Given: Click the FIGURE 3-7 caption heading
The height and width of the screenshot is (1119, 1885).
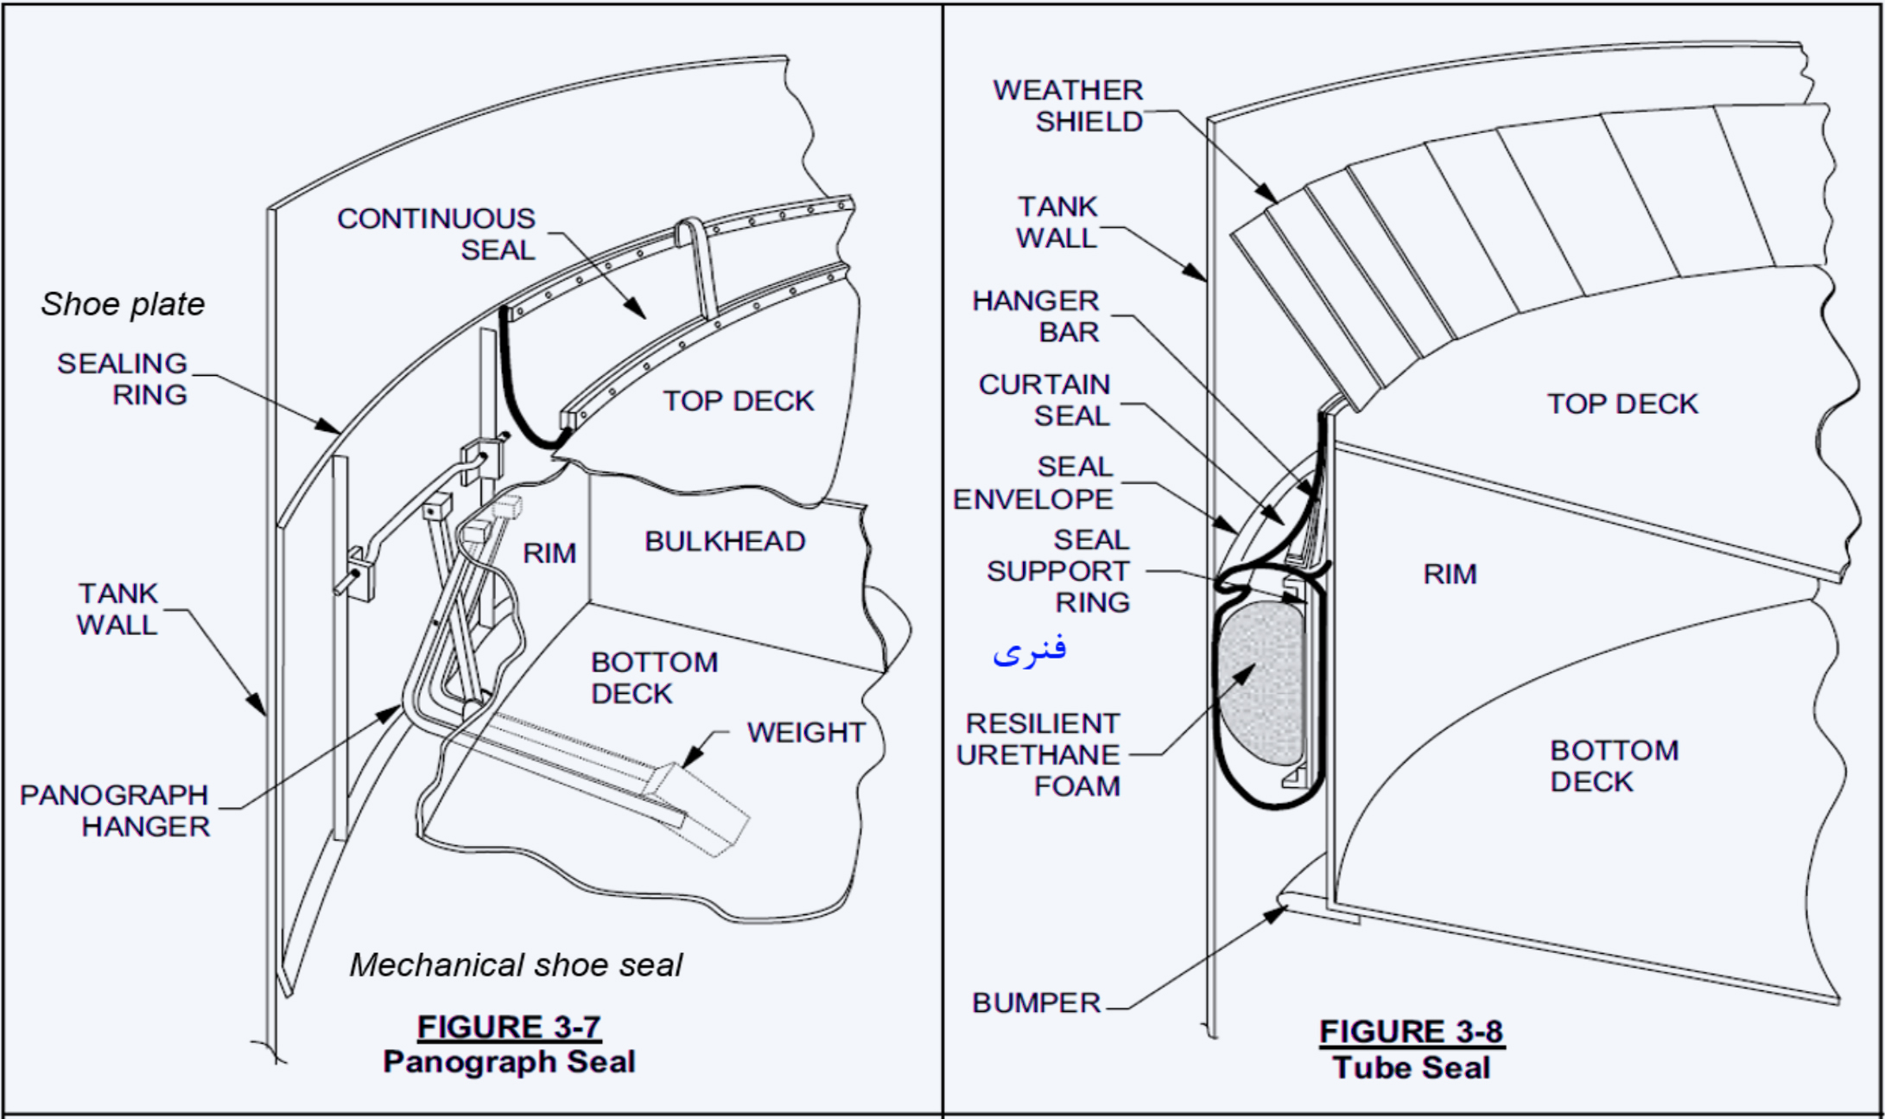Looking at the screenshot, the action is [x=509, y=1027].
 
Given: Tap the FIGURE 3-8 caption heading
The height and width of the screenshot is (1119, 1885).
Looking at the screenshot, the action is [x=1411, y=1032].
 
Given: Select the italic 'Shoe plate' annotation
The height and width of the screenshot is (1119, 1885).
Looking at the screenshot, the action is [x=123, y=304].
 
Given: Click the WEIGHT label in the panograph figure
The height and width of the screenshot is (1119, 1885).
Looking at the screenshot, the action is [x=805, y=733].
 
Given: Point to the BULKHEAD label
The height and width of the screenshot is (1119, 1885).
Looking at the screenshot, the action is [x=725, y=542].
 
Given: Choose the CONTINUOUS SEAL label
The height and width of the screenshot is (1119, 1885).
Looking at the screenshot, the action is [x=436, y=234].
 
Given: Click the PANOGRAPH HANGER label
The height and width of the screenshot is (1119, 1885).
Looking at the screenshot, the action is [x=114, y=811].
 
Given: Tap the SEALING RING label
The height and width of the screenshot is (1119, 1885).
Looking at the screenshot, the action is [x=122, y=378].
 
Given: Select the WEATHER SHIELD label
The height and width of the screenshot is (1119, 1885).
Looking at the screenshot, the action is [x=1068, y=105].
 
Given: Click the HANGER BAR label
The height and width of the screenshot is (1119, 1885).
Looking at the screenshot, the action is [x=1036, y=316].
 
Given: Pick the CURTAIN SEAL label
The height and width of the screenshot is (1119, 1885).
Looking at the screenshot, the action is [x=1044, y=400].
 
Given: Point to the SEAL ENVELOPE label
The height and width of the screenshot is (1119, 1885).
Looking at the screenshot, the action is [x=1033, y=483].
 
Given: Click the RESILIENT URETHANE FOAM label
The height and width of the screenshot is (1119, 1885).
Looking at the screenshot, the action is [x=1038, y=754].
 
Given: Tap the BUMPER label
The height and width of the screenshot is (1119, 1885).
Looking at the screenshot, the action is [x=1036, y=1003].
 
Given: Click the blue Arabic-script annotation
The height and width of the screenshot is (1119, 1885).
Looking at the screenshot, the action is [x=1030, y=650].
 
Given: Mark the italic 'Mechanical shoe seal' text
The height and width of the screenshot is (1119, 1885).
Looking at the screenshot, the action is [x=516, y=965].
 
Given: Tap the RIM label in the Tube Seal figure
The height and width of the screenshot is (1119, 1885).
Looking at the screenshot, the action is [x=1450, y=575].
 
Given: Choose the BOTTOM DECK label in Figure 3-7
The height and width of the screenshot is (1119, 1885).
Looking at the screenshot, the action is [x=654, y=678].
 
